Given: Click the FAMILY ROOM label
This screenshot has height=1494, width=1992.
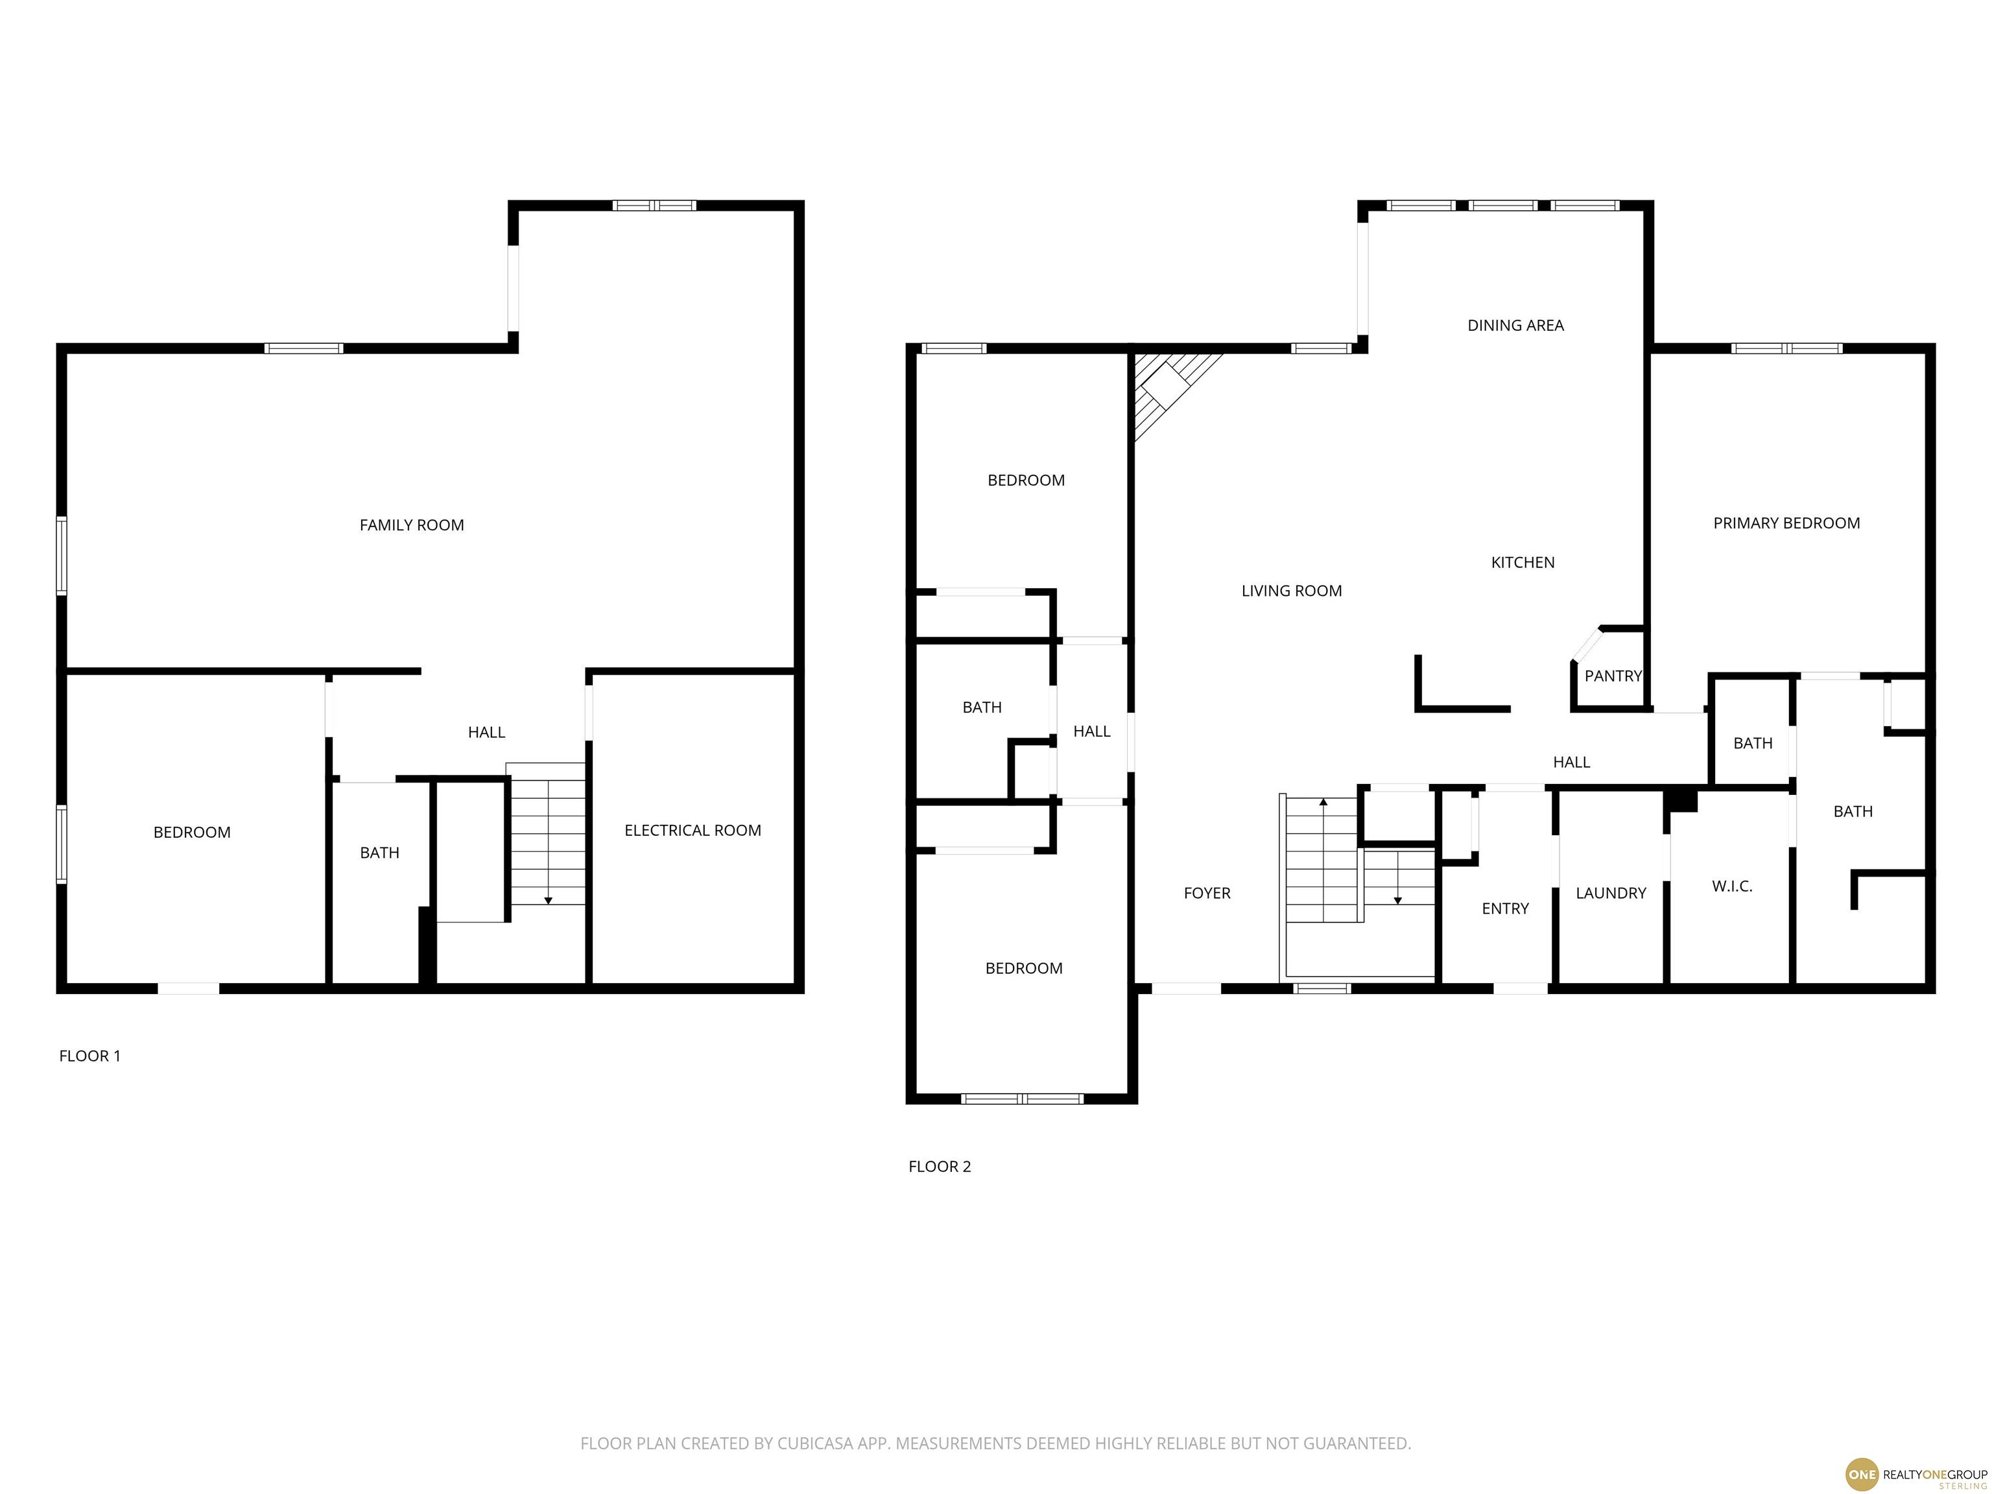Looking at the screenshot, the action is click(x=412, y=525).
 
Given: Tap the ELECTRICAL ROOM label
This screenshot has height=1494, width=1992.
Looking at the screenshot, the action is click(x=693, y=830).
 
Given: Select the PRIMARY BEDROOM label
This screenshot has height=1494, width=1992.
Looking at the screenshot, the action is click(x=1786, y=523).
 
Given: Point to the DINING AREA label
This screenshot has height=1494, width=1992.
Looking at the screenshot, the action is click(x=1515, y=325).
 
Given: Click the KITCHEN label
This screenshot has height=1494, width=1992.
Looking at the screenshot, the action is click(x=1523, y=563).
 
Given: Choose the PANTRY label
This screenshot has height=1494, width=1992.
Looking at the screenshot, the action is click(x=1613, y=676).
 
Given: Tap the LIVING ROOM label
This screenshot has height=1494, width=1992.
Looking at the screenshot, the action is click(x=1292, y=591).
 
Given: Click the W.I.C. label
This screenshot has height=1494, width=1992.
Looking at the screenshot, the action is click(x=1732, y=886).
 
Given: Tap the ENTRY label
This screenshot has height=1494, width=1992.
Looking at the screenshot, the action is click(x=1505, y=908).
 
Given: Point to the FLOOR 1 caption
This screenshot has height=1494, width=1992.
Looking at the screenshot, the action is click(x=90, y=1056).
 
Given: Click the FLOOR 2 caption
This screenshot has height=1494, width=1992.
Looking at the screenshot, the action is click(x=940, y=1166).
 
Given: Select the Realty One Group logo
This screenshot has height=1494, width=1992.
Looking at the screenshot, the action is click(x=1915, y=1474).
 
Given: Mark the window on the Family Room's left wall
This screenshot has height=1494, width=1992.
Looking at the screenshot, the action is click(x=61, y=556).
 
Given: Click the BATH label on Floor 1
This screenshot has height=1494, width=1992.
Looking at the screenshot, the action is click(x=379, y=853).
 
